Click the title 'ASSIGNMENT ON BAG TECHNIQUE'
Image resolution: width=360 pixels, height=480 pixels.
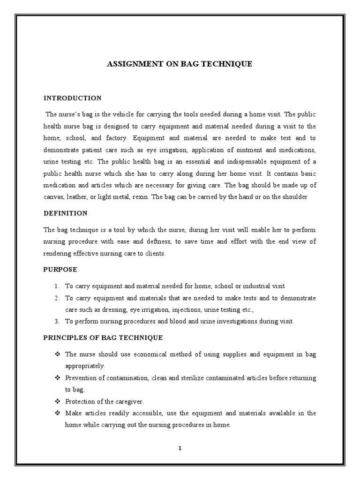tap(180, 64)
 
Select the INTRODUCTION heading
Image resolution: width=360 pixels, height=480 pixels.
tap(72, 98)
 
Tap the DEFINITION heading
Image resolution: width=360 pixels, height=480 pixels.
tap(66, 213)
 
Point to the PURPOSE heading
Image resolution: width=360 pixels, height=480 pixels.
tap(60, 270)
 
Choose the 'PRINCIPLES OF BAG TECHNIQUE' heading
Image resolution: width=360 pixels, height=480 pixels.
tap(103, 337)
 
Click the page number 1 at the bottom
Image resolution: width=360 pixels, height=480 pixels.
tap(180, 448)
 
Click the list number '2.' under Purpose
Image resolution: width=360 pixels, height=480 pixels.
tap(56, 298)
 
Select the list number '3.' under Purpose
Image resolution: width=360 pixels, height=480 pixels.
tap(56, 321)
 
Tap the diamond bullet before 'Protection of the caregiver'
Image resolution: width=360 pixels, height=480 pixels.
tap(58, 401)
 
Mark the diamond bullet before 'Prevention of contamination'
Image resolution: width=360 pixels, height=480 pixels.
tap(58, 378)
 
